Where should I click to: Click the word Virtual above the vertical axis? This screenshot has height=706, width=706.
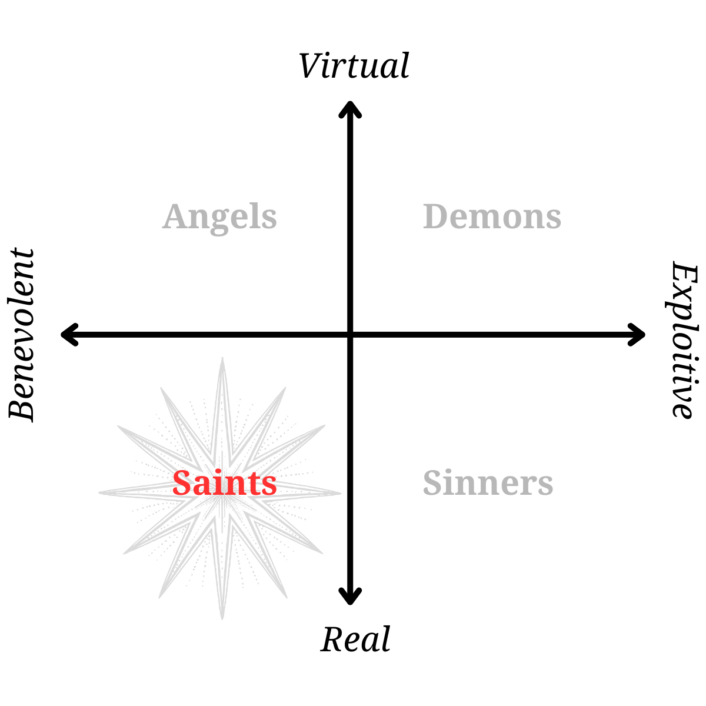[x=354, y=66]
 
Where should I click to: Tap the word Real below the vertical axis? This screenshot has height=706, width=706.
[x=355, y=640]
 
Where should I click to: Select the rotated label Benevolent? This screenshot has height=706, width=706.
[x=22, y=334]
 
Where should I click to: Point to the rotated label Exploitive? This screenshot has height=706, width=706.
[x=682, y=340]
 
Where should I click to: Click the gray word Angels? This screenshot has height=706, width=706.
[x=219, y=217]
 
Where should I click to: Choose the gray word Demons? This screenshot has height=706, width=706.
[x=492, y=217]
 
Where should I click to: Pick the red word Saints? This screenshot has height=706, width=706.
[x=224, y=483]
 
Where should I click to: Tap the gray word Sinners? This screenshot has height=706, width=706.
[x=488, y=483]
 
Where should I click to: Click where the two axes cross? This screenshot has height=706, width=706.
[x=350, y=335]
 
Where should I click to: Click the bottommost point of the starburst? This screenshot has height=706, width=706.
[x=222, y=618]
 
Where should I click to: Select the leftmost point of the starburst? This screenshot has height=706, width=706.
[x=100, y=492]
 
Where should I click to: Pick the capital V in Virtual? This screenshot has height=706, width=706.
[x=310, y=66]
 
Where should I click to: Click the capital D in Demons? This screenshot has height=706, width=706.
[x=436, y=217]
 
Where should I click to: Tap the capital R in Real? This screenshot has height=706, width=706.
[x=333, y=640]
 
